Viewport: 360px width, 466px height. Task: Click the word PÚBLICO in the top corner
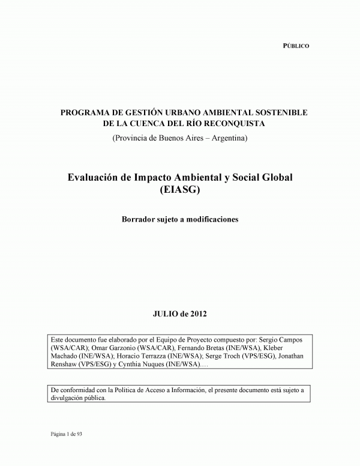coord(296,46)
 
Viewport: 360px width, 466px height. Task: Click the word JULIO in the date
coord(169,313)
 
